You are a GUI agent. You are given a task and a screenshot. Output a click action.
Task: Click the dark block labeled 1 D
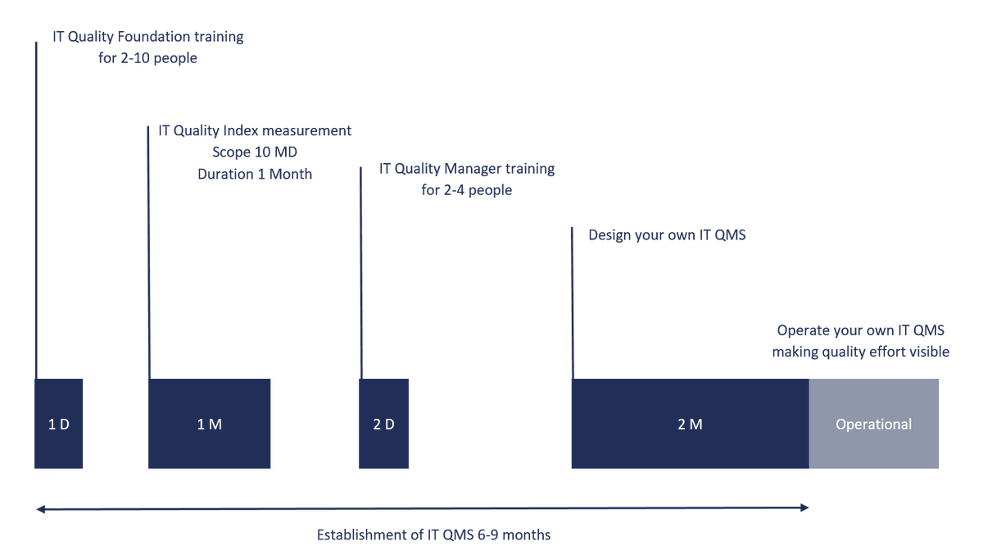coord(58,424)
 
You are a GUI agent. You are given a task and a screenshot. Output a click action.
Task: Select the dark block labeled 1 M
coord(210,424)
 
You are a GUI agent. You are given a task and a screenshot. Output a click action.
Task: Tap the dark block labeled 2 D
coord(383,424)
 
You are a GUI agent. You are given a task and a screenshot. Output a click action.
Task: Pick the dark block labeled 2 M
coord(691,424)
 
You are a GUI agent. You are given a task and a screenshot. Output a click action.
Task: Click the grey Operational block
coord(874,424)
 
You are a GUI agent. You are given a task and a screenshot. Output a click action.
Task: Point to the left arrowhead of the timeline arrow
coord(40,509)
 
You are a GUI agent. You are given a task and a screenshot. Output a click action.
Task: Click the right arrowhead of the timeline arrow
coord(804,507)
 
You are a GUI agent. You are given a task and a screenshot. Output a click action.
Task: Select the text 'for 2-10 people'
coord(147,58)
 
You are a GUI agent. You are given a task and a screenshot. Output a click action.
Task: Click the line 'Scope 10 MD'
coord(255,152)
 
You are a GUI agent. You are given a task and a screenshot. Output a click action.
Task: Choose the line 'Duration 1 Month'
coord(255,174)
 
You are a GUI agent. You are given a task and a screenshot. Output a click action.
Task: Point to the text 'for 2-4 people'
coord(466,190)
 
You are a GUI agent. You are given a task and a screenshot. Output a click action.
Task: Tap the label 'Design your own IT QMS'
coord(667,235)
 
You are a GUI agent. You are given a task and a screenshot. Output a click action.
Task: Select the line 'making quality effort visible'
coord(861,352)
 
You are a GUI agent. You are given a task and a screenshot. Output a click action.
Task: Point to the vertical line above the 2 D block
coord(361,273)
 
